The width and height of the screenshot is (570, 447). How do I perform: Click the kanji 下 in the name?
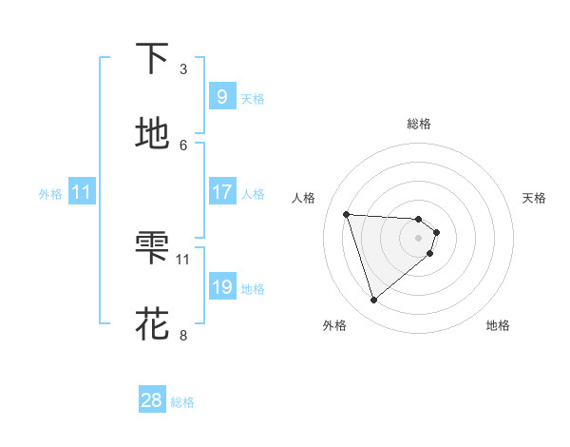(152, 59)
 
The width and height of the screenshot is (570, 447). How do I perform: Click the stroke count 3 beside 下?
(183, 68)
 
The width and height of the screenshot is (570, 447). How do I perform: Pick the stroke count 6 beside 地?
(183, 145)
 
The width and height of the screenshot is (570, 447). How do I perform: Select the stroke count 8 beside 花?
(183, 335)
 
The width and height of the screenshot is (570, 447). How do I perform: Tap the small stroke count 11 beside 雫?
(183, 259)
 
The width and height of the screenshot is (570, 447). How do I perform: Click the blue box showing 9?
(221, 97)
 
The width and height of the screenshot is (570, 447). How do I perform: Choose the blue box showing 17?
(221, 192)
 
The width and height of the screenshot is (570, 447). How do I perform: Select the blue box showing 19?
(221, 287)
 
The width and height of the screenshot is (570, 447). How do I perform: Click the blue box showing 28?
(152, 400)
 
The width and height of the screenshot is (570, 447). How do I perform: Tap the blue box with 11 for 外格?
(82, 192)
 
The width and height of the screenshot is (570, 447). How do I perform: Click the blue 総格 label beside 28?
(182, 402)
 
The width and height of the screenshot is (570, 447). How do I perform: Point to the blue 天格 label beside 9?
(253, 99)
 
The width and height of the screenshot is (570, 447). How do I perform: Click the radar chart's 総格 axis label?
(419, 124)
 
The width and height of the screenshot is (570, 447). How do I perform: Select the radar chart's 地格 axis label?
(498, 325)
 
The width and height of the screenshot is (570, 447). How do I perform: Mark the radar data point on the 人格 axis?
(347, 214)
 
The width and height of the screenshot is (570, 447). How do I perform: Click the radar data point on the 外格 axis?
(373, 301)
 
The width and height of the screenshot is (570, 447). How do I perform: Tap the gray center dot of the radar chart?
(419, 251)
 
